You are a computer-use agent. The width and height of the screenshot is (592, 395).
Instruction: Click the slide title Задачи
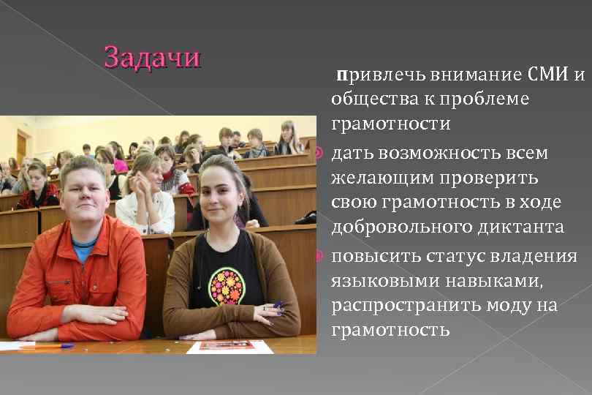[x=152, y=57]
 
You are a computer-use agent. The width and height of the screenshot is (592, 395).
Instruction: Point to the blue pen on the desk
[x=47, y=345]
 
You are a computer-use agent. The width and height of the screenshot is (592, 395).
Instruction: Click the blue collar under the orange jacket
[x=83, y=249]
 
